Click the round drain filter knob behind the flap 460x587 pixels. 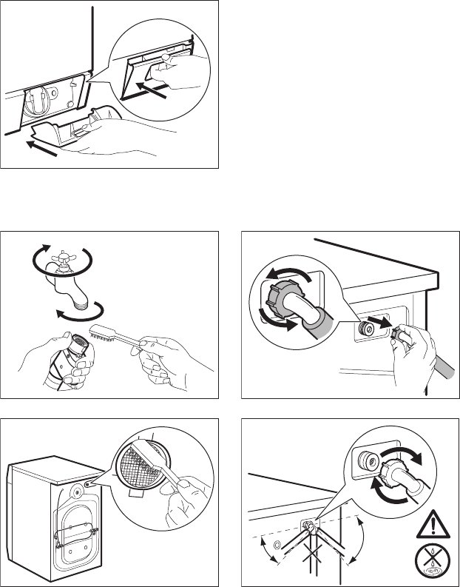click(x=34, y=101)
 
